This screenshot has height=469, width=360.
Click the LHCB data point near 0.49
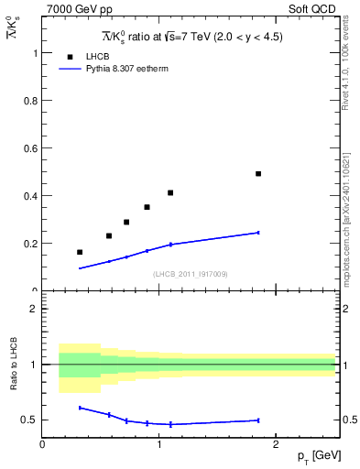[258, 173]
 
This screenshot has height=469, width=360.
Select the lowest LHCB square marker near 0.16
[80, 252]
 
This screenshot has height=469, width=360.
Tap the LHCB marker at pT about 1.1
[170, 192]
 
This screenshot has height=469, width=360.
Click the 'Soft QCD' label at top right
[313, 7]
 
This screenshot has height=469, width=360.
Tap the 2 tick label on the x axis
[277, 444]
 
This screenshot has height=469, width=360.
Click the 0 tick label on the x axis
[42, 444]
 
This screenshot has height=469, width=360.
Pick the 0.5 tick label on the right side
[348, 420]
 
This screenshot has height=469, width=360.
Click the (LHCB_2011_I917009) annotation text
[190, 273]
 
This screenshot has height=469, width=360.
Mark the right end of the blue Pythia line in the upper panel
[258, 233]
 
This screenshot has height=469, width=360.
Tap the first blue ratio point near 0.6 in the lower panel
[80, 408]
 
